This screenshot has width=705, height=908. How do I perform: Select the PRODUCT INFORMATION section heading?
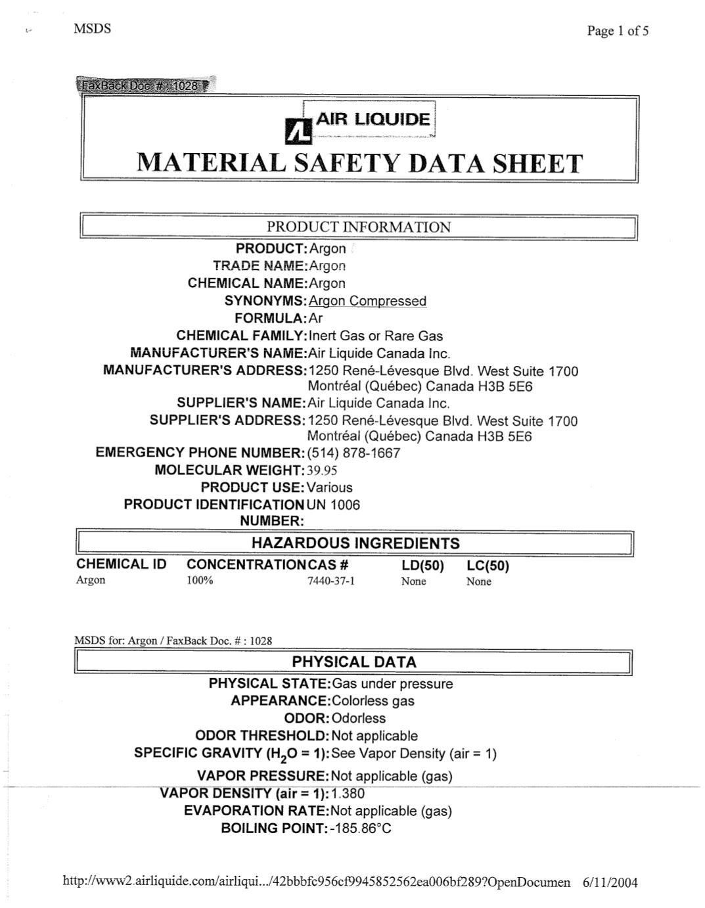coord(359,227)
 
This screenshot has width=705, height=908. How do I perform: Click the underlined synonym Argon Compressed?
coord(367,301)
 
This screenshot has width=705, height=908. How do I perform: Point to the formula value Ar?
coord(315,319)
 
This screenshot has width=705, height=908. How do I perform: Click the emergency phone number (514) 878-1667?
coord(353,453)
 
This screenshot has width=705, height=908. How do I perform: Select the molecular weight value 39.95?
coord(322,470)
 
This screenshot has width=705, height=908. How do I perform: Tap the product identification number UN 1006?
coord(333,505)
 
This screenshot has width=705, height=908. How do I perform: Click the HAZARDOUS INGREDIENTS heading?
coord(355,543)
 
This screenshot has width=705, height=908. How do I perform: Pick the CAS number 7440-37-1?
coord(330,581)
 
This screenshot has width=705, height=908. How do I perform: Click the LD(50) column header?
coord(422,566)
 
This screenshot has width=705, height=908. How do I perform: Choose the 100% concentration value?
coord(200,581)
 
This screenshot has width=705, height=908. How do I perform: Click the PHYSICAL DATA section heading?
coord(354,662)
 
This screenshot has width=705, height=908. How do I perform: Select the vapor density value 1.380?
coord(348,794)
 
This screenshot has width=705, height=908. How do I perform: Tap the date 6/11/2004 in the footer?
coord(610,882)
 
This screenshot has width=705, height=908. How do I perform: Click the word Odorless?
coord(359,719)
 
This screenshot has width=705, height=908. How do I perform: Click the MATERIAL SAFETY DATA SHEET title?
coord(359,163)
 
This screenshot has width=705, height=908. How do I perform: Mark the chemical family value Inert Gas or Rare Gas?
coord(375,336)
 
